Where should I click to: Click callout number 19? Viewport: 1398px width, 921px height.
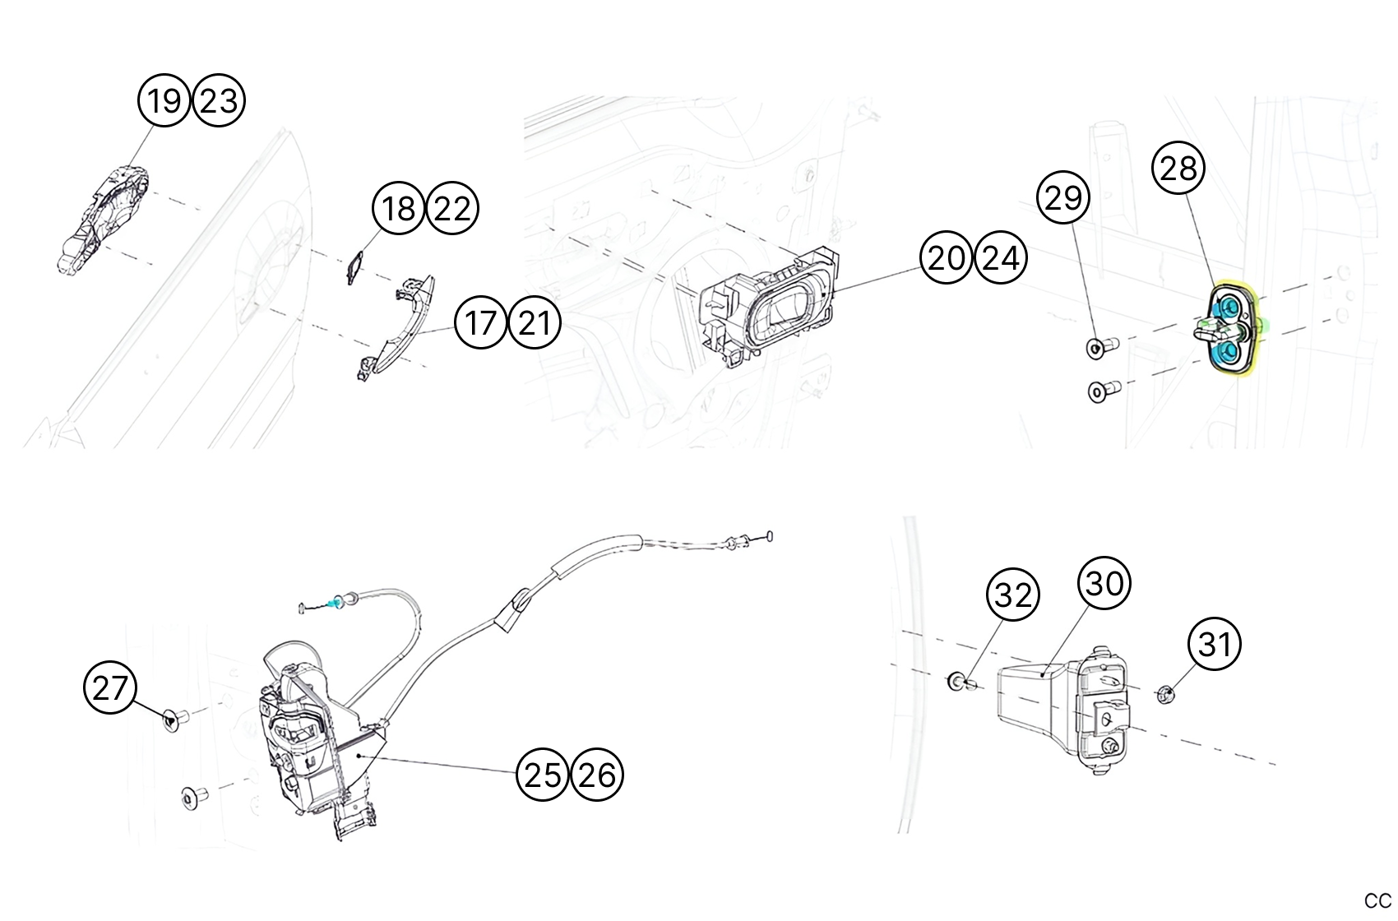click(x=164, y=100)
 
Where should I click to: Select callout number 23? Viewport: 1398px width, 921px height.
click(x=219, y=100)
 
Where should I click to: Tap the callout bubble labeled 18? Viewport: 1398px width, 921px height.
click(x=400, y=208)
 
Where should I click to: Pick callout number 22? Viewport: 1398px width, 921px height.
click(x=452, y=208)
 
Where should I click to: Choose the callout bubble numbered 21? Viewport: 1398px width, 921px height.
click(x=535, y=322)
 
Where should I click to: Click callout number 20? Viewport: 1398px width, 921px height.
click(x=946, y=257)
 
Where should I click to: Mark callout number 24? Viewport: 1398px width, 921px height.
click(x=1000, y=257)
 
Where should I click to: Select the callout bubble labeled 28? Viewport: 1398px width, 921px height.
click(x=1178, y=169)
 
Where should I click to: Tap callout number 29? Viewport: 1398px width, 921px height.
click(x=1063, y=197)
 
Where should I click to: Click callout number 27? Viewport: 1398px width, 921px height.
click(x=110, y=687)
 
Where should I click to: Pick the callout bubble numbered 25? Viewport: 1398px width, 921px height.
click(x=543, y=774)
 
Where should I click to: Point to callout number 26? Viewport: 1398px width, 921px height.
click(x=597, y=774)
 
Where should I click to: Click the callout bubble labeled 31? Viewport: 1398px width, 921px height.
click(x=1215, y=644)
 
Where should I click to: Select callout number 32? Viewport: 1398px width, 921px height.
click(x=1012, y=595)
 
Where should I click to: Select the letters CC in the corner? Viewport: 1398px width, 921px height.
click(x=1377, y=900)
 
